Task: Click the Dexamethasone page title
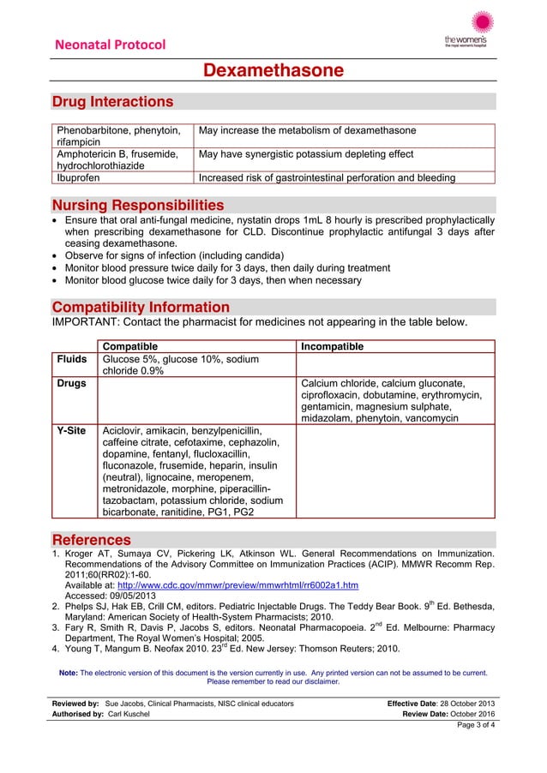tap(273, 70)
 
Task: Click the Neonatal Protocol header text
tap(110, 45)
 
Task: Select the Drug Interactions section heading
tap(112, 102)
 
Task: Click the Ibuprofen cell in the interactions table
tap(78, 178)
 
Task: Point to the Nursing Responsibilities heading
tap(138, 205)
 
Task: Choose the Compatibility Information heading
tap(141, 307)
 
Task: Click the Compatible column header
tap(135, 346)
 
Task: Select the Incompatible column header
tap(332, 346)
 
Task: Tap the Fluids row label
tap(71, 360)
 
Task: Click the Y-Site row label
tap(71, 431)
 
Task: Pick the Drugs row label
tap(71, 383)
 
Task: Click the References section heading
tap(92, 540)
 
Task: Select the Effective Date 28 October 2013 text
tap(442, 704)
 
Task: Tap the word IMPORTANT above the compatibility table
tap(86, 322)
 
